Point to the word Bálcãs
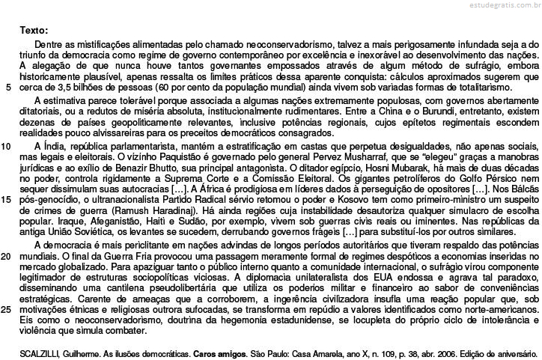click(523, 189)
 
